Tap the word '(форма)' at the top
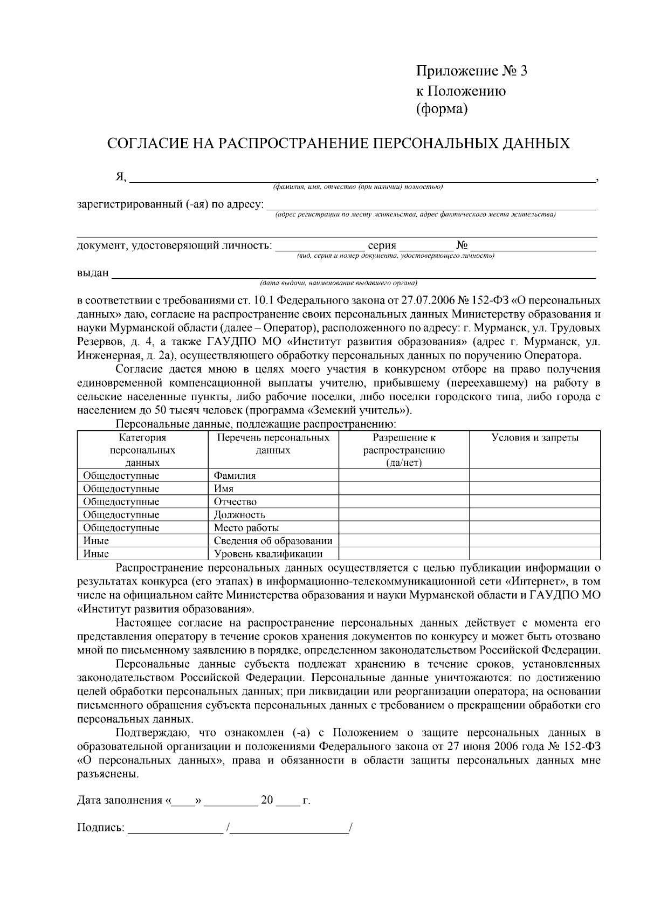tap(442, 109)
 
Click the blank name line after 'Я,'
tap(361, 179)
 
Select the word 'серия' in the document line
tap(382, 246)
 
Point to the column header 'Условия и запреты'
tap(534, 438)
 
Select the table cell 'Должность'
tap(239, 514)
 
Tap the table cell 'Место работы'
tap(246, 528)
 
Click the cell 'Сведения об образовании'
tap(273, 541)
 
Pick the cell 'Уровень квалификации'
tap(268, 554)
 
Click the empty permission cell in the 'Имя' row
tap(404, 489)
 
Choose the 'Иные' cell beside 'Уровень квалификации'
tap(96, 554)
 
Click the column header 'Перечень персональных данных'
tap(273, 444)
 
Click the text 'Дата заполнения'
tap(119, 800)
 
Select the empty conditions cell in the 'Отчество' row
tap(534, 501)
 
